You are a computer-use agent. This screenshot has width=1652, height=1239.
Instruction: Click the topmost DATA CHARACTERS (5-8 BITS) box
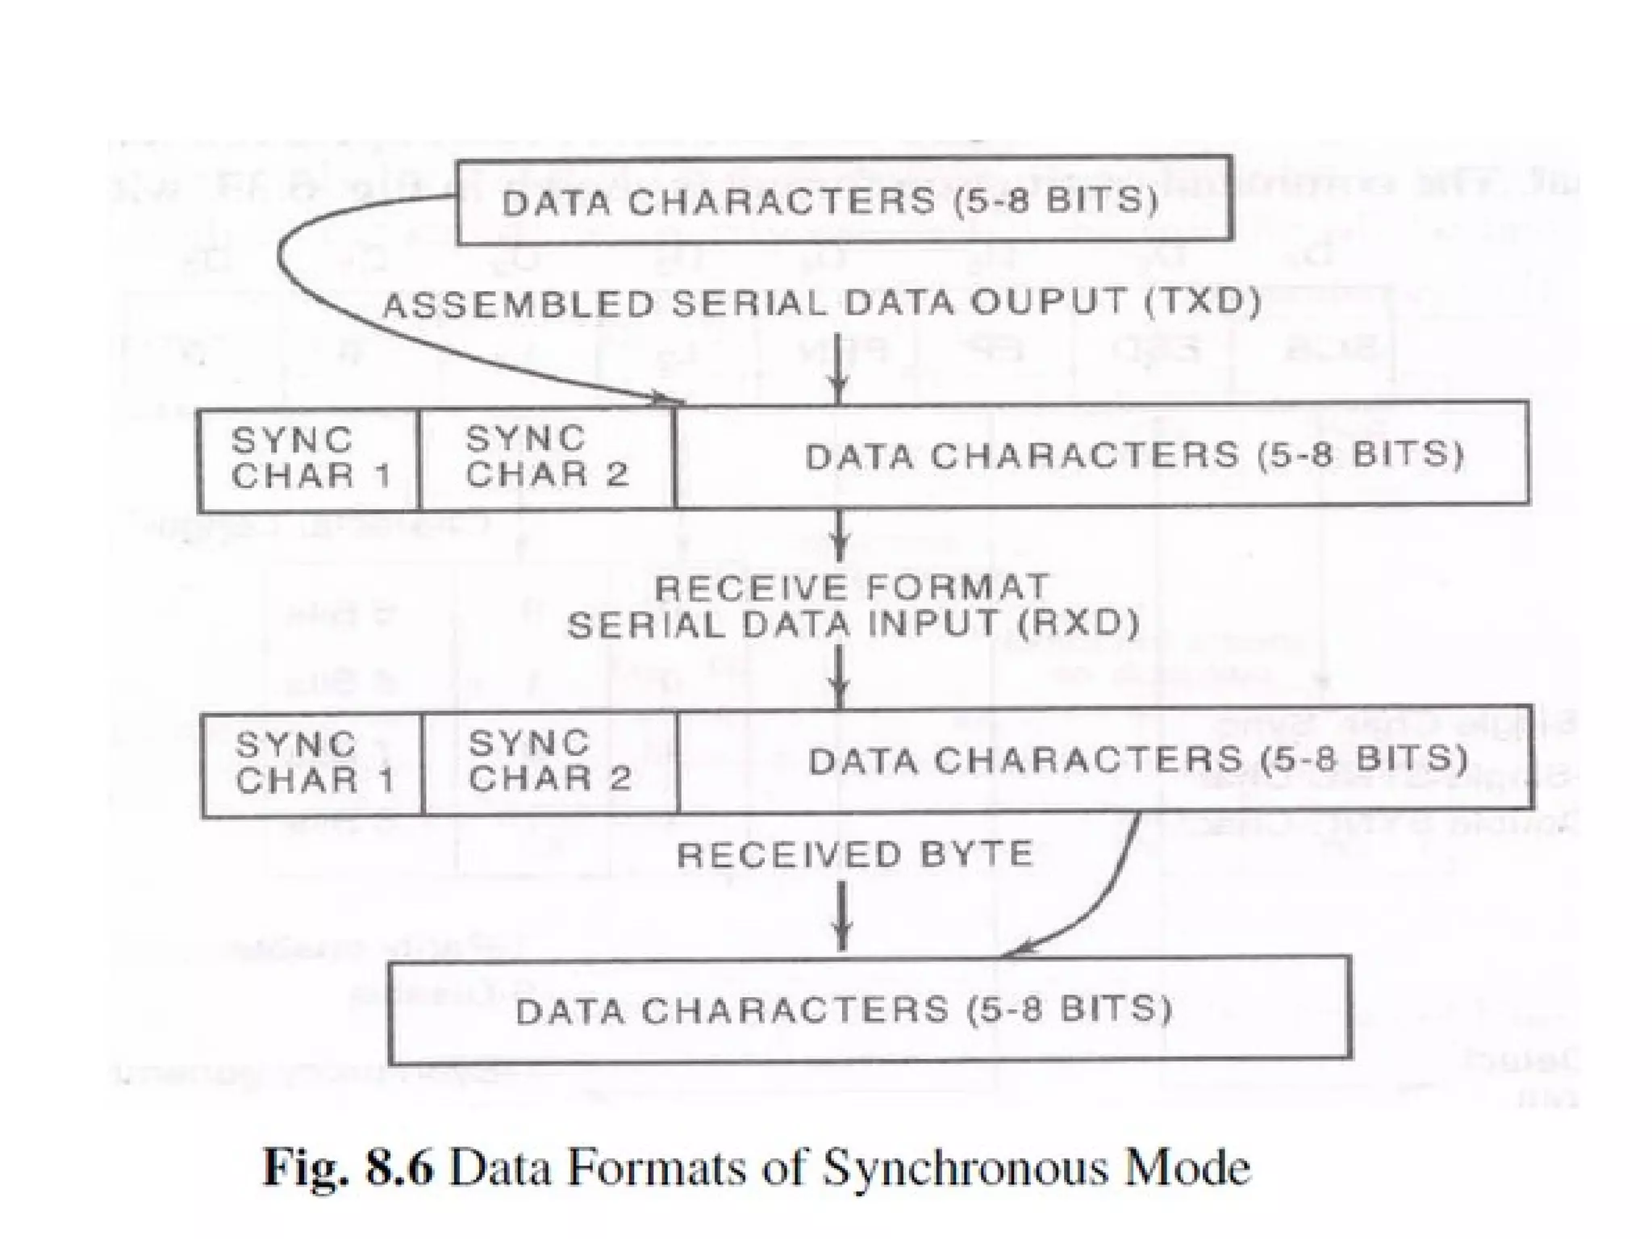(844, 200)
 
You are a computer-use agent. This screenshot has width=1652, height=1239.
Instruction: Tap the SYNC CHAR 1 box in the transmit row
(310, 458)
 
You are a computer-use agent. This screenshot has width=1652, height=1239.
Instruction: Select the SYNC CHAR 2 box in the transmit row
(547, 457)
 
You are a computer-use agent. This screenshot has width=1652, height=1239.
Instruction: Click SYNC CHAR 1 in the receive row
(313, 762)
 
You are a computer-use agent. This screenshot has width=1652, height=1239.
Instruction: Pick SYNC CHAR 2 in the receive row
(550, 761)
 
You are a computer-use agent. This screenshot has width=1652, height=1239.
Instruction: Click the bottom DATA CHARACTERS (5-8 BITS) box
(870, 1010)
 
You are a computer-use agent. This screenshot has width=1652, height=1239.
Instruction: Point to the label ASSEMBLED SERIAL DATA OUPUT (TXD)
(821, 303)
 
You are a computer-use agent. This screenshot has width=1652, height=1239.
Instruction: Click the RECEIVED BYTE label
(855, 854)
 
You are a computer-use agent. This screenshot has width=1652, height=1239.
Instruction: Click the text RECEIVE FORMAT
(851, 586)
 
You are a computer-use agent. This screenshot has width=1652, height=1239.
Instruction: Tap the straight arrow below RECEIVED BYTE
(842, 916)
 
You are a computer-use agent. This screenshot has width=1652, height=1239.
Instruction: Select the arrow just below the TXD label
(839, 367)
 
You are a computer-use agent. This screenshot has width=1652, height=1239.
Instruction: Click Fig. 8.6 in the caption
(348, 1167)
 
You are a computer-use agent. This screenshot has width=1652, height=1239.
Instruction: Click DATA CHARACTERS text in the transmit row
(1021, 457)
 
